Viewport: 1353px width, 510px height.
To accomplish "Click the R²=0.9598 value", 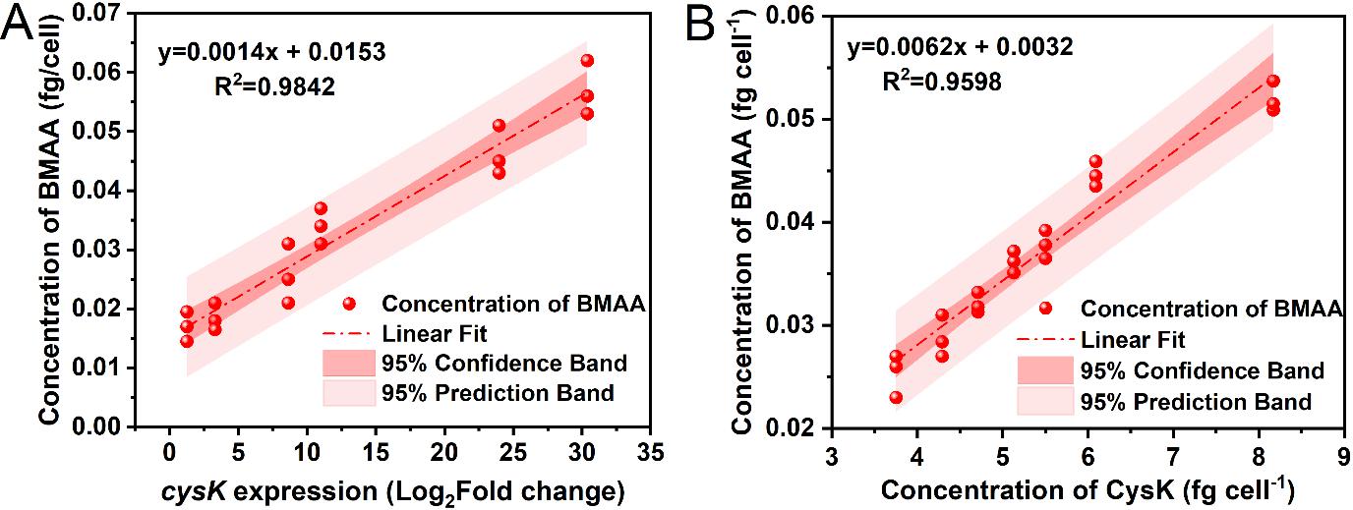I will point(941,82).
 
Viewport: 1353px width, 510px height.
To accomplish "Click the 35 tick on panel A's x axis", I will point(649,455).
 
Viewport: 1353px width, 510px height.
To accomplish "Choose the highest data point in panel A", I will point(587,61).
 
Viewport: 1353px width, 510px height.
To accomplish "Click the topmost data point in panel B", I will point(1273,81).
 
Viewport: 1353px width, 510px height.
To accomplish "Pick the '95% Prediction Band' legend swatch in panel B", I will point(1045,401).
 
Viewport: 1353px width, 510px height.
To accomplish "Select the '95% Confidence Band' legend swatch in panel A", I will point(350,364).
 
